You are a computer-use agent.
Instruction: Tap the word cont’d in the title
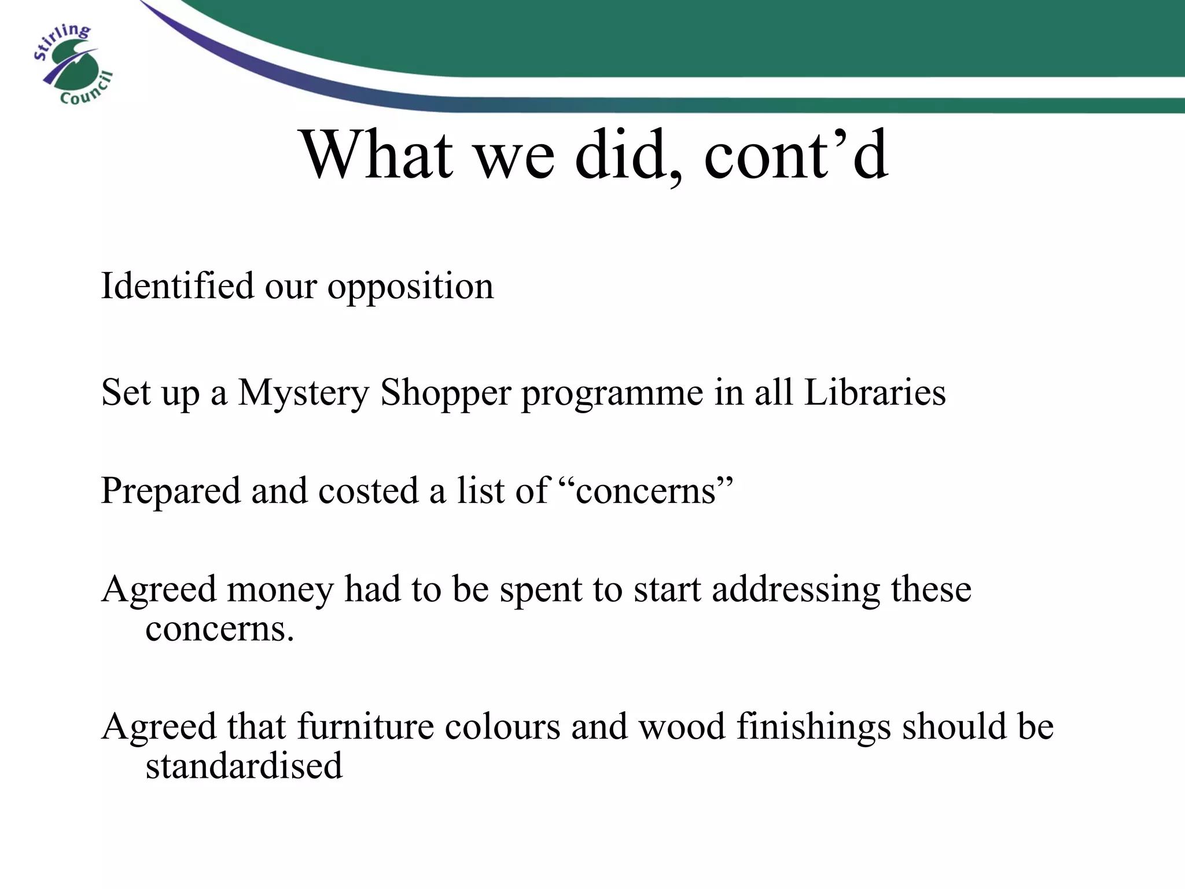[x=796, y=155]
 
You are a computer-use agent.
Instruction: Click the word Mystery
[x=303, y=394]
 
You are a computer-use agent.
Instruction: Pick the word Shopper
[x=446, y=394]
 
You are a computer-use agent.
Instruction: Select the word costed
[x=368, y=491]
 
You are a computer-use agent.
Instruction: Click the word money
[x=280, y=590]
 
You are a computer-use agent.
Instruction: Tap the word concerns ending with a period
[x=220, y=629]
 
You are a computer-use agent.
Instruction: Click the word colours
[x=503, y=726]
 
